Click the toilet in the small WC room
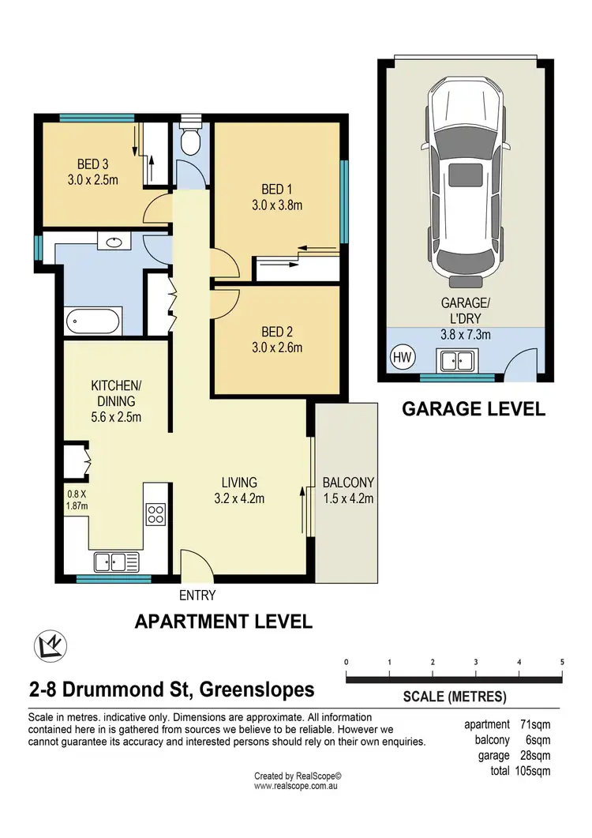(x=189, y=140)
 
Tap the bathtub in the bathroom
(x=93, y=321)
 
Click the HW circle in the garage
(x=402, y=357)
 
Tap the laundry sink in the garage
(x=457, y=362)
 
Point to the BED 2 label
(x=277, y=332)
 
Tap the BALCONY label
(x=348, y=483)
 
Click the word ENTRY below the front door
(x=197, y=596)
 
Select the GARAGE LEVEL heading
(x=474, y=409)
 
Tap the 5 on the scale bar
(x=562, y=662)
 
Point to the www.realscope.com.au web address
(x=297, y=787)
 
